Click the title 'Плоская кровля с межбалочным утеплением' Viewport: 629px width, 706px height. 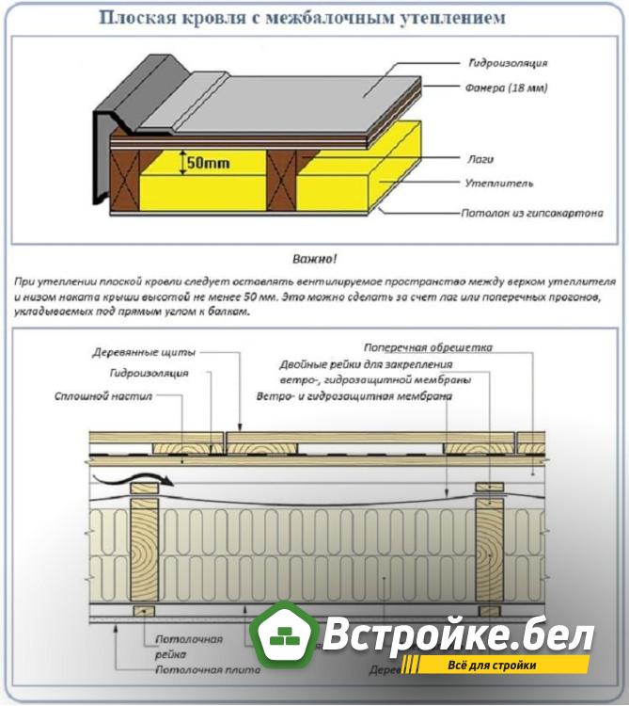pyautogui.click(x=314, y=17)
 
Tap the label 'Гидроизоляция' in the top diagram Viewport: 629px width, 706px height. pyautogui.click(x=509, y=63)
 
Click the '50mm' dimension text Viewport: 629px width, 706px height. pyautogui.click(x=209, y=162)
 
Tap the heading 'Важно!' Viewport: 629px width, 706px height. pyautogui.click(x=315, y=258)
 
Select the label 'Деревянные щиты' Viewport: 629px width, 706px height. pyautogui.click(x=144, y=353)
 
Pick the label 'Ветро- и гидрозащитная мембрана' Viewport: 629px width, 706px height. pyautogui.click(x=354, y=397)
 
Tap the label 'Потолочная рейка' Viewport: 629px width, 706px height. pyautogui.click(x=188, y=647)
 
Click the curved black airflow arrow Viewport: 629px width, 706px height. pyautogui.click(x=132, y=478)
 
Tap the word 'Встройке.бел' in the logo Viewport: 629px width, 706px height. pyautogui.click(x=459, y=636)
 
